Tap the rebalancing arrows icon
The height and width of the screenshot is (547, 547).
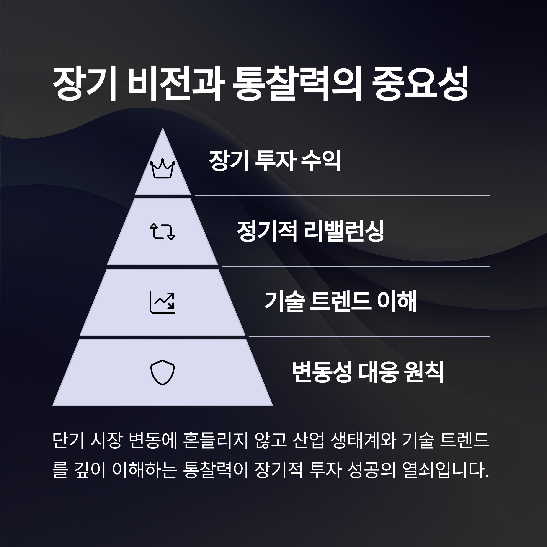click(162, 232)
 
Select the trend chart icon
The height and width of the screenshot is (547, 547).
click(162, 302)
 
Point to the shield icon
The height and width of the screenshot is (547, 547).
click(162, 372)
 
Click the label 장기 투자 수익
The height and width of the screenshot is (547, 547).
click(275, 161)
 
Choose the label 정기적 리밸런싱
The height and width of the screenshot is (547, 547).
click(310, 231)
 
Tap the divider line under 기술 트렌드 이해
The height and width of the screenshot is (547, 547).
click(369, 337)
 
